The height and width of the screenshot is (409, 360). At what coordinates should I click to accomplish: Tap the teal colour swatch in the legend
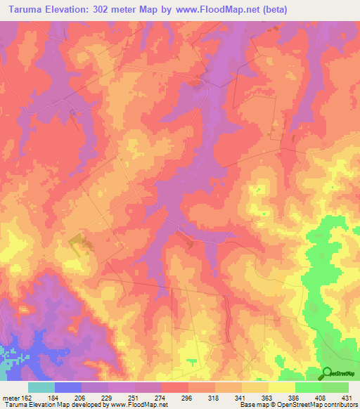click(x=41, y=387)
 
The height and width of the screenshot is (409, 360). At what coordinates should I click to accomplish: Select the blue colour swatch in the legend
click(x=68, y=387)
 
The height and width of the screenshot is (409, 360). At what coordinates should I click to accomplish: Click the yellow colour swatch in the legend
click(x=282, y=387)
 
